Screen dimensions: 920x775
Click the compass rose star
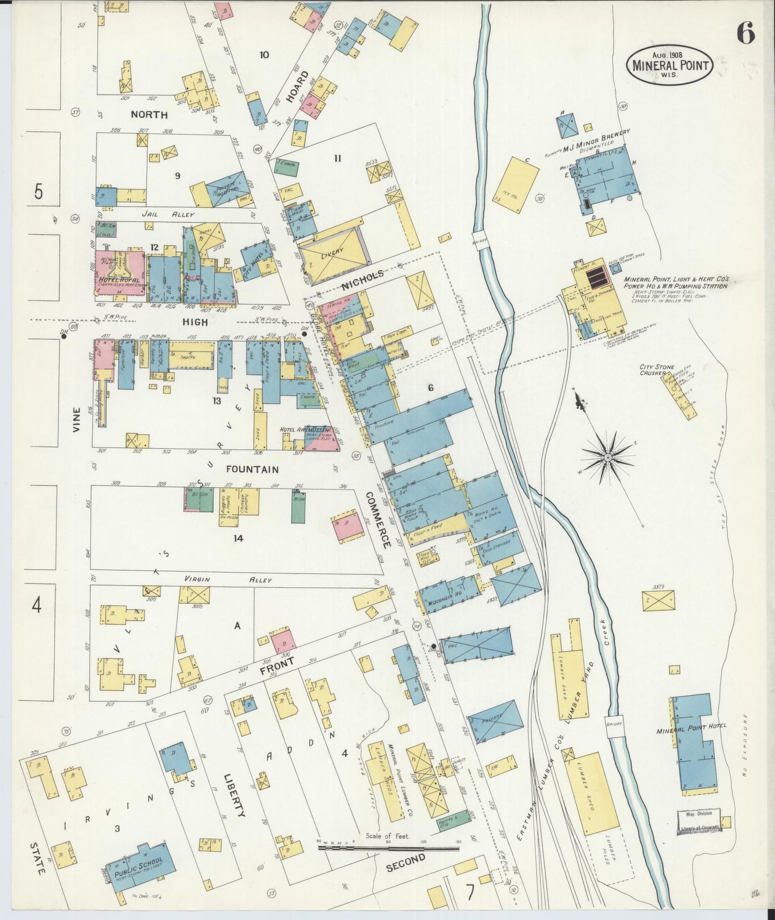tap(608, 457)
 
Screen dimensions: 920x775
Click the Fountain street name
tap(252, 469)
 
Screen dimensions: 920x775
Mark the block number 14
tap(238, 537)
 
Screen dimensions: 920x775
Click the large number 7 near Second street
tap(470, 893)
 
